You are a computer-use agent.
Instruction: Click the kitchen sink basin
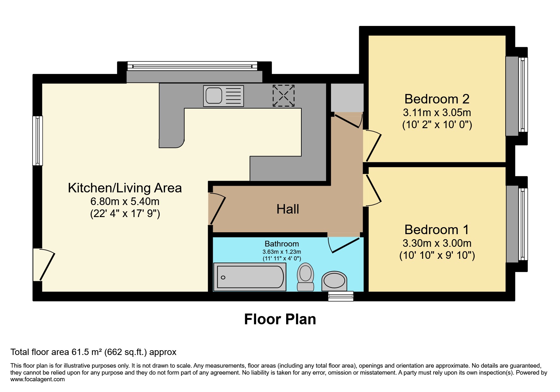pyautogui.click(x=214, y=96)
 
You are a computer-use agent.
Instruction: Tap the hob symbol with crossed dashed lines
pyautogui.click(x=284, y=96)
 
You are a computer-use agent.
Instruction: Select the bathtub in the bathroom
pyautogui.click(x=250, y=277)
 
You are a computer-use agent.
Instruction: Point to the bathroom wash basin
pyautogui.click(x=334, y=281)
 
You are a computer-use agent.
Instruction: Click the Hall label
pyautogui.click(x=288, y=209)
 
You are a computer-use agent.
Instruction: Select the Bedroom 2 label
pyautogui.click(x=437, y=99)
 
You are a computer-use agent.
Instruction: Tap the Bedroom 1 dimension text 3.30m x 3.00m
pyautogui.click(x=437, y=243)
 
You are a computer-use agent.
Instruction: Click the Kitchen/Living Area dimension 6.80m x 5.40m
pyautogui.click(x=125, y=201)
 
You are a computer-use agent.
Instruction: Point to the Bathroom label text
pyautogui.click(x=281, y=244)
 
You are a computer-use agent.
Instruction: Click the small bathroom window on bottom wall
pyautogui.click(x=341, y=296)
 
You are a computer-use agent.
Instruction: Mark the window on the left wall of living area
pyautogui.click(x=37, y=141)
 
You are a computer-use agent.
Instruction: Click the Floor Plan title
pyautogui.click(x=280, y=319)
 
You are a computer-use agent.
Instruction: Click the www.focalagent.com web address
pyautogui.click(x=37, y=379)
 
